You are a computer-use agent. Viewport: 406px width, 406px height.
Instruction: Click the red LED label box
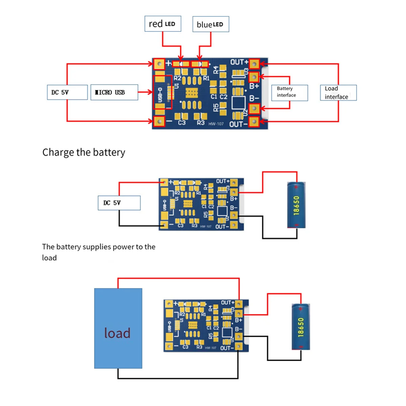[163, 24]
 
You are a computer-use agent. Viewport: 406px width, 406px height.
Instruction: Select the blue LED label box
[210, 24]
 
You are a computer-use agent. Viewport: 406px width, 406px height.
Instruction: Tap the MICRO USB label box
[114, 92]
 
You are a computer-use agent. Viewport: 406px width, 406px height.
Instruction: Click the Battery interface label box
[290, 93]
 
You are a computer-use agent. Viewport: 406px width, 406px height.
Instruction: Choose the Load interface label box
[338, 93]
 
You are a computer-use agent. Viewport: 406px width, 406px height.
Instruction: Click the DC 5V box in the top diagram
[67, 92]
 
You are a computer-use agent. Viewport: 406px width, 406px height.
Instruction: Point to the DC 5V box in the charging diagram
[119, 203]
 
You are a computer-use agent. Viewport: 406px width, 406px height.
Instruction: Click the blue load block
[118, 328]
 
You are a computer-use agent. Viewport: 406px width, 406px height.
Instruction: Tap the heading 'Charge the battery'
[84, 152]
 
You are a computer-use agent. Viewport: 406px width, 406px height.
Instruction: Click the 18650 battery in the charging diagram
[296, 205]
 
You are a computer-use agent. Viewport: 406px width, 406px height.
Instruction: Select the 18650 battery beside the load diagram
[301, 327]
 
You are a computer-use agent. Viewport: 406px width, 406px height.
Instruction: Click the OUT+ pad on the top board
[254, 63]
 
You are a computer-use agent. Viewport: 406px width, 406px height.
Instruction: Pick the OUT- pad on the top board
[254, 121]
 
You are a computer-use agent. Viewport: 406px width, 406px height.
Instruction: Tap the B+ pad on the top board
[254, 77]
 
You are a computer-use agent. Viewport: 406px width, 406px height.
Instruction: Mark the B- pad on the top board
[254, 108]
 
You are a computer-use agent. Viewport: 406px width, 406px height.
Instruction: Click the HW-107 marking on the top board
[216, 124]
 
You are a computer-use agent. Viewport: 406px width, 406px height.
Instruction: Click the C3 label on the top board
[182, 122]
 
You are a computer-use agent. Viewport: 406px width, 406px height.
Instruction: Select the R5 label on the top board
[216, 108]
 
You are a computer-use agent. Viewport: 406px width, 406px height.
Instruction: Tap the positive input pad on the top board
[159, 64]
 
